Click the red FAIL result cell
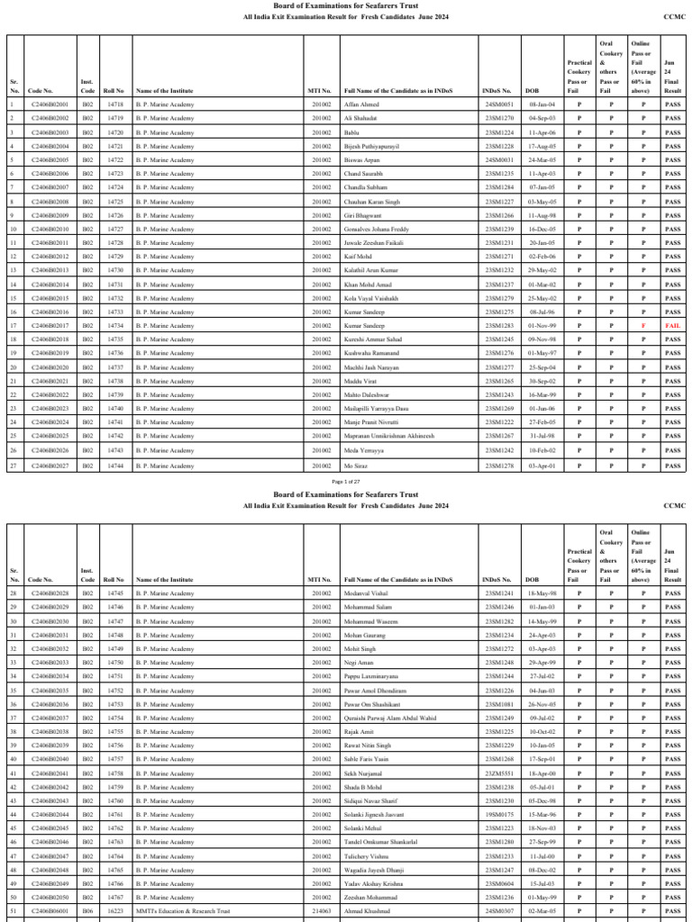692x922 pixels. tap(672, 326)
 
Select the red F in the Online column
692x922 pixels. tap(642, 326)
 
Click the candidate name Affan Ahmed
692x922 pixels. tap(362, 104)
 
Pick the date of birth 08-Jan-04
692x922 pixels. tap(542, 104)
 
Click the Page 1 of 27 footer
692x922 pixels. tap(346, 483)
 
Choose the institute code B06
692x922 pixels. tap(87, 911)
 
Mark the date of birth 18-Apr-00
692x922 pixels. tap(542, 773)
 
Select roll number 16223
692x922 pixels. tap(114, 911)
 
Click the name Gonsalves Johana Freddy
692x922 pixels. tap(376, 230)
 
